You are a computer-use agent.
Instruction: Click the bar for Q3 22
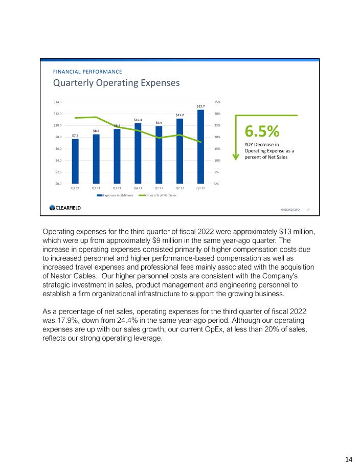200,147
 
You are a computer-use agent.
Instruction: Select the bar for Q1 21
75,161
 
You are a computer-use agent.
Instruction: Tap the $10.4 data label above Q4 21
138,120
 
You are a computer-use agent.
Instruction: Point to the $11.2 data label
180,115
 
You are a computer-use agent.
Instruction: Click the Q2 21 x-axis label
96,189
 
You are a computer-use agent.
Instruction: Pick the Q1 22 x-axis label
159,189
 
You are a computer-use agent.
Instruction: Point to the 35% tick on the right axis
217,102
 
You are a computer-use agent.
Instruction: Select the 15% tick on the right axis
217,149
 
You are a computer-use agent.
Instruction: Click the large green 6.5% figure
262,131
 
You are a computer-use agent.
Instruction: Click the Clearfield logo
65,208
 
